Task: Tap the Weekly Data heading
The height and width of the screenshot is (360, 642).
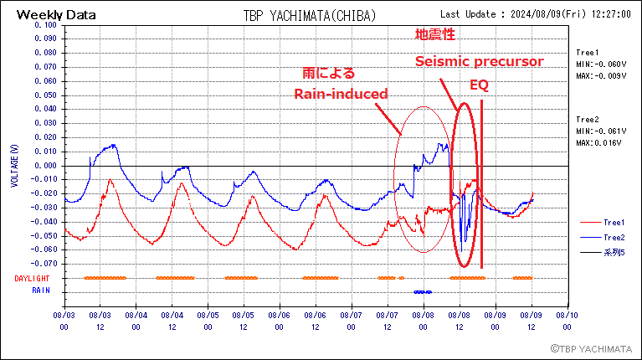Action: [56, 14]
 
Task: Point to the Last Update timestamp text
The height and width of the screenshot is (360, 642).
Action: [535, 14]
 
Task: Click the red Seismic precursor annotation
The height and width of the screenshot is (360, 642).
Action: [480, 62]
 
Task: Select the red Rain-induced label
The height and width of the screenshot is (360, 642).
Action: [341, 94]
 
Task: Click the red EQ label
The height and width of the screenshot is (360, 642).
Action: [479, 86]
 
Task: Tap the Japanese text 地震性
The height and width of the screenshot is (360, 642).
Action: [435, 35]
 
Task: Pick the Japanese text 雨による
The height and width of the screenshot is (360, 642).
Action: [328, 72]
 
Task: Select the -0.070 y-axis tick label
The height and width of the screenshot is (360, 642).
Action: [44, 264]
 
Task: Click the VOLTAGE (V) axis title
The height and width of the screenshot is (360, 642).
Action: [14, 165]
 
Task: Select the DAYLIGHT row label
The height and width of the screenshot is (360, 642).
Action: [32, 278]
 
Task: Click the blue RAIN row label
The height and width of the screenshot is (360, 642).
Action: [41, 291]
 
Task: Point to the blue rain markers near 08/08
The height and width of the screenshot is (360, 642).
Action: [423, 291]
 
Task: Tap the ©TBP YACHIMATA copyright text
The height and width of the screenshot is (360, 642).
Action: [590, 347]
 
